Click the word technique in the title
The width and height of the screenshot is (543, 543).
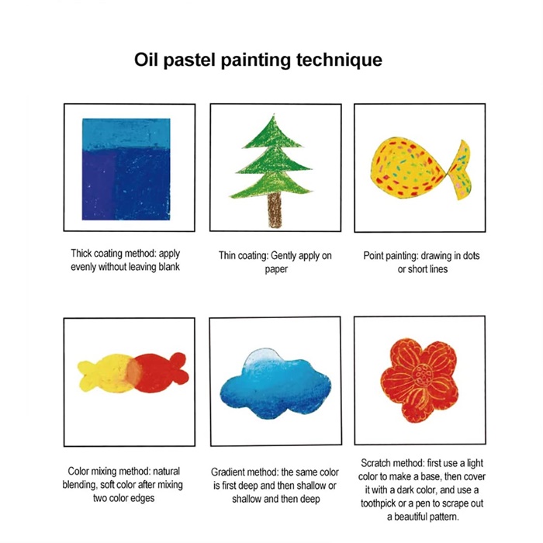pyautogui.click(x=339, y=60)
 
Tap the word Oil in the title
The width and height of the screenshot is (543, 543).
pyautogui.click(x=146, y=59)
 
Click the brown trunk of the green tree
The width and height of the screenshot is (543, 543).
pyautogui.click(x=275, y=209)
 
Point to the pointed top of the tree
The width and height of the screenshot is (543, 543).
pyautogui.click(x=274, y=114)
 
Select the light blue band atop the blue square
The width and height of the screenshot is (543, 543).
pyautogui.click(x=126, y=133)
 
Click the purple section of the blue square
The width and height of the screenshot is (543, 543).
pyautogui.click(x=99, y=185)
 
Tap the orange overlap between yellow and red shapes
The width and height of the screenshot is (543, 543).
pyautogui.click(x=133, y=372)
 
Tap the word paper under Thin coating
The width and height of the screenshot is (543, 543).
pyautogui.click(x=276, y=270)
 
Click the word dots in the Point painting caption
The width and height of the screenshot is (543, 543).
pyautogui.click(x=471, y=256)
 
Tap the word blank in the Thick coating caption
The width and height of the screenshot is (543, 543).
pyautogui.click(x=169, y=267)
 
